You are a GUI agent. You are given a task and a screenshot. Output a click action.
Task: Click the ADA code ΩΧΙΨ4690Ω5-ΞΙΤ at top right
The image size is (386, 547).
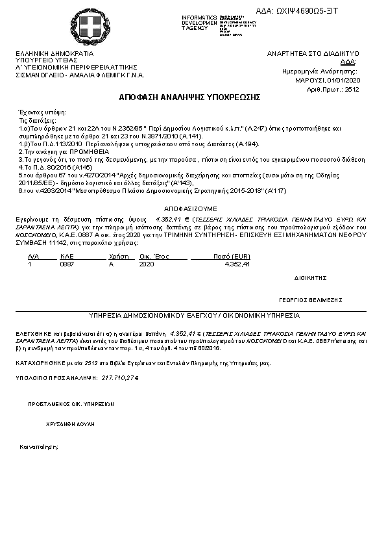[316, 11]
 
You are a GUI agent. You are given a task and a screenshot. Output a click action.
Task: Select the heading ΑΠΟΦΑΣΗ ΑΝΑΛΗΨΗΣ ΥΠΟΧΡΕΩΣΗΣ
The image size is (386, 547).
[189, 97]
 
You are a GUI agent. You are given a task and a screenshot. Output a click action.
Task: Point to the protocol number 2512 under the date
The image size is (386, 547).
[352, 89]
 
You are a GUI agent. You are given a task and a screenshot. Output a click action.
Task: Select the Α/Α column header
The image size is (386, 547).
[34, 257]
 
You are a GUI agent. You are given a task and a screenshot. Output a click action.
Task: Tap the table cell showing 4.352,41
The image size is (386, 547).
[237, 264]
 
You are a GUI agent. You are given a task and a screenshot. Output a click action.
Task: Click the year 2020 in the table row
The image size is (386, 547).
[147, 264]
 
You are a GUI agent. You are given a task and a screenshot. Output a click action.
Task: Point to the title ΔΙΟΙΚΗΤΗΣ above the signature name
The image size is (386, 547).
[309, 277]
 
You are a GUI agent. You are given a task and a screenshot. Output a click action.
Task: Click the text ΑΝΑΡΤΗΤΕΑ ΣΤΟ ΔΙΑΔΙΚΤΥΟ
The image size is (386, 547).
[313, 53]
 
